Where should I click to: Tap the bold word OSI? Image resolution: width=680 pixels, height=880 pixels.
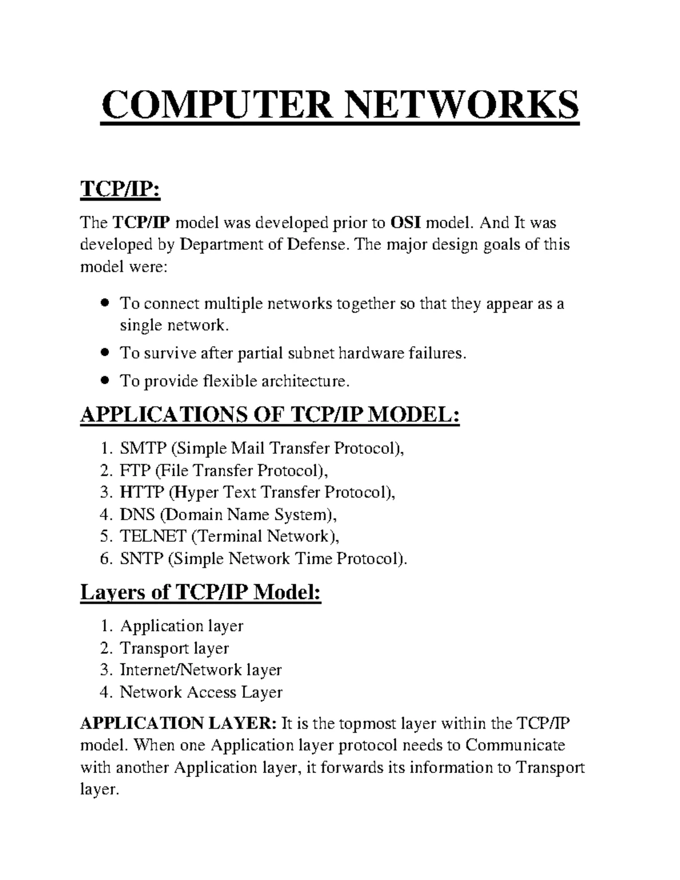[405, 223]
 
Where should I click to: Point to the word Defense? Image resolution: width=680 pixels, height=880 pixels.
[315, 245]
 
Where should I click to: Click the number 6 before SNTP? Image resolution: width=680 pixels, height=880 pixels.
[104, 559]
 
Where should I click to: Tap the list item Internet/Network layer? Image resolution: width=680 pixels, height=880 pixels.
[201, 670]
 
